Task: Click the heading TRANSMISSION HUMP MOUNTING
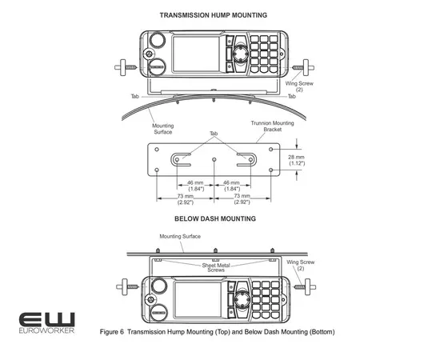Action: (214, 15)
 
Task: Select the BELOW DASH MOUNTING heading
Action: (215, 218)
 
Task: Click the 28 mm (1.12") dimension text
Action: (297, 161)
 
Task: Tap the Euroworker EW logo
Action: (46, 319)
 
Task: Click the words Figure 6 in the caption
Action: (111, 332)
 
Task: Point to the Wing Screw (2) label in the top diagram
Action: (295, 86)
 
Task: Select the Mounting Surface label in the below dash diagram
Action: (179, 237)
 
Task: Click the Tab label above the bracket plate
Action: (214, 134)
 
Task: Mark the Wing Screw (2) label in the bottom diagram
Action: (301, 265)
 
